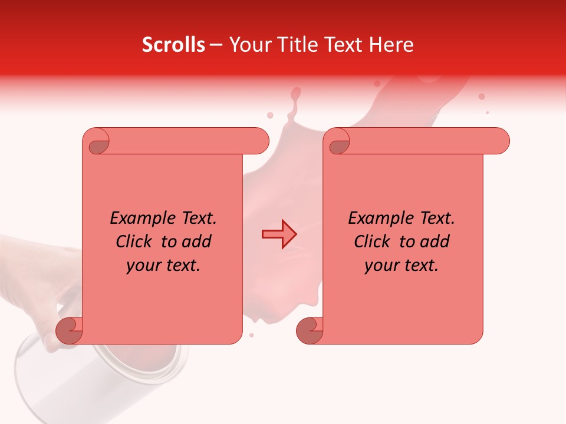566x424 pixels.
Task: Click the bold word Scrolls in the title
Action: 173,45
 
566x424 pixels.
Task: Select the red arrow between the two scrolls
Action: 279,234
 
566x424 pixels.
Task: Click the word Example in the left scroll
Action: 136,218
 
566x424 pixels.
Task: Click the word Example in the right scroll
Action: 374,218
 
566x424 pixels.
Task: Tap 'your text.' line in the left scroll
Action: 163,266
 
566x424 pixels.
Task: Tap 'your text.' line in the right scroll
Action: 402,266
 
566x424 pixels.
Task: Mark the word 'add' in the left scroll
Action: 196,241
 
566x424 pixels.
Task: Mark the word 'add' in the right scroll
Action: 435,241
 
